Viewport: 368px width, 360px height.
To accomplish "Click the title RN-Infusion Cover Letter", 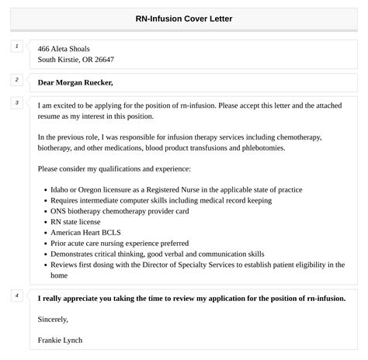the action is click(184, 18).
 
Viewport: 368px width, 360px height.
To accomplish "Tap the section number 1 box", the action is click(16, 47).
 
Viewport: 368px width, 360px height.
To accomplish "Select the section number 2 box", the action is click(16, 80).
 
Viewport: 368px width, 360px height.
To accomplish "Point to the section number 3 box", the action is click(16, 103).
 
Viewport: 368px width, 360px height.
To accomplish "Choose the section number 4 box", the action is click(16, 296).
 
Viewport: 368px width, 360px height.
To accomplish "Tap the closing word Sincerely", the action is click(53, 318).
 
